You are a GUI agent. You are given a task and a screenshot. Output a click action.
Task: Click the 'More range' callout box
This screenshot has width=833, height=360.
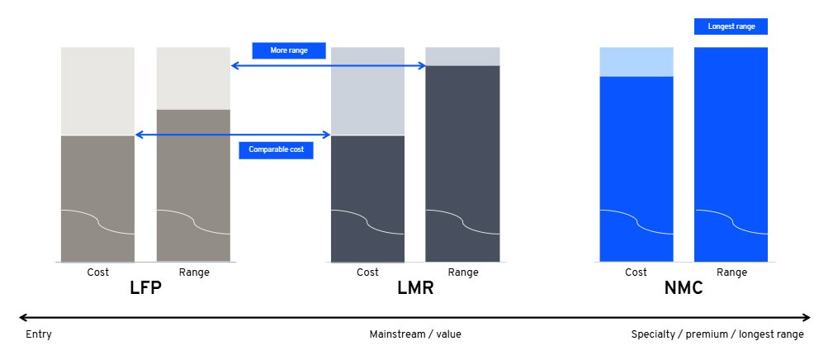pos(288,50)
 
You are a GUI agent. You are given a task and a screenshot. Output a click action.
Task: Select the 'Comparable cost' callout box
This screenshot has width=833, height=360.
pos(276,149)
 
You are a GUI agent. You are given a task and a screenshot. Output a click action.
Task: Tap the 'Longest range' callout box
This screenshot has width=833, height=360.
pos(731,26)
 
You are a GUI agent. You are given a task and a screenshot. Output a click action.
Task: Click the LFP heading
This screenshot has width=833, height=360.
pos(145,290)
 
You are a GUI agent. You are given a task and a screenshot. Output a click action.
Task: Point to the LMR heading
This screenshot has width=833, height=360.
pos(414,290)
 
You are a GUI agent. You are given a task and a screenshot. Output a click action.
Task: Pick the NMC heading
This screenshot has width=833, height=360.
pos(683,290)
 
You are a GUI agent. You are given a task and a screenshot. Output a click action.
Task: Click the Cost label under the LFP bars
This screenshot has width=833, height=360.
pos(97,272)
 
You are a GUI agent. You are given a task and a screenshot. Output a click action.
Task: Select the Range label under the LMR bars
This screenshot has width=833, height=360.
pos(462,272)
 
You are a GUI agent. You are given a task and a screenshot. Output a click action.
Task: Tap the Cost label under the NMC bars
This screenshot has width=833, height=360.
pos(636,272)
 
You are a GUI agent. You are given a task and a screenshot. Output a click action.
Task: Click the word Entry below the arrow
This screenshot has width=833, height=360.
pos(39,334)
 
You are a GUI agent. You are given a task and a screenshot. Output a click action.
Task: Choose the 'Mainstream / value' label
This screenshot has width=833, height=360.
pos(414,334)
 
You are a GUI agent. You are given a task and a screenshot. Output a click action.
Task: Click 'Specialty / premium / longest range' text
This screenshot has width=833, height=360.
pos(717,334)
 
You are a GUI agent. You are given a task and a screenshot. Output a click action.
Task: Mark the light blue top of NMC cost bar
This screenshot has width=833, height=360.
pos(636,62)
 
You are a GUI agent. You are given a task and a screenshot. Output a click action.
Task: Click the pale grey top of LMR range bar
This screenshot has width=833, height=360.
pos(462,56)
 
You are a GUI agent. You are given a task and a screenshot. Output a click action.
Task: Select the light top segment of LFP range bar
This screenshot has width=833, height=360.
pos(193,78)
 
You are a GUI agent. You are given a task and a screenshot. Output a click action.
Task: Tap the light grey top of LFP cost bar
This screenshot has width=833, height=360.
pos(97,91)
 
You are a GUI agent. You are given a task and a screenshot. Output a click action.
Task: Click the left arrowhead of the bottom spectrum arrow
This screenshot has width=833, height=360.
pos(22,317)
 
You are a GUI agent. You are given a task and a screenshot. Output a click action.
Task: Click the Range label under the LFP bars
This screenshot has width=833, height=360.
pos(193,272)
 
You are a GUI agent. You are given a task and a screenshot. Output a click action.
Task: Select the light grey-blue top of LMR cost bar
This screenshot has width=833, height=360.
pos(367,91)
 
